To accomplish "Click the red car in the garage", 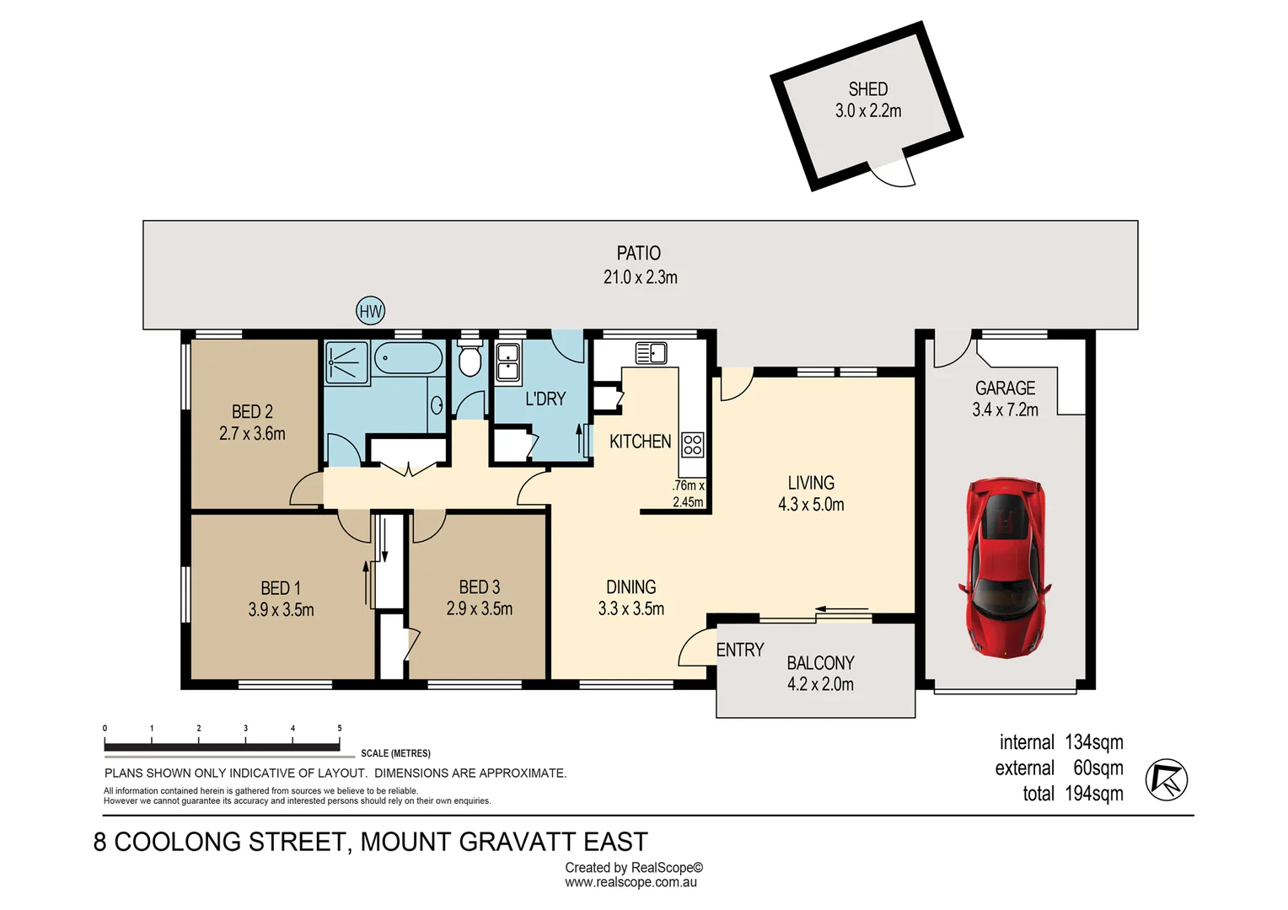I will click(1005, 568).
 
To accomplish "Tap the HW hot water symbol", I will click(371, 311).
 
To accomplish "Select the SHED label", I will click(867, 89).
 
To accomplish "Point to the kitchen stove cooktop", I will click(692, 444).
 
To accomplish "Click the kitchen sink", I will click(651, 353).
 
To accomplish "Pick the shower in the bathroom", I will click(347, 361).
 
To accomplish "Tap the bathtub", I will click(408, 359).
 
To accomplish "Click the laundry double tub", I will click(507, 362).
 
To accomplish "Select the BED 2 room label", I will click(252, 412).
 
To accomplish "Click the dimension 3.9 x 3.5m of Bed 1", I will click(281, 610).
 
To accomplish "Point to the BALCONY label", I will click(820, 663).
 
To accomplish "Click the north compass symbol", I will click(1166, 779).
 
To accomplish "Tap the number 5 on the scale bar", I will click(340, 728).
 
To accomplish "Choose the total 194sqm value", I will click(1093, 794).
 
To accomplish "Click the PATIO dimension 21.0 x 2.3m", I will click(640, 277).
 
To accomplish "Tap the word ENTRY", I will click(739, 650).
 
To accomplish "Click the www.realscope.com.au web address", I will click(631, 883).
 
